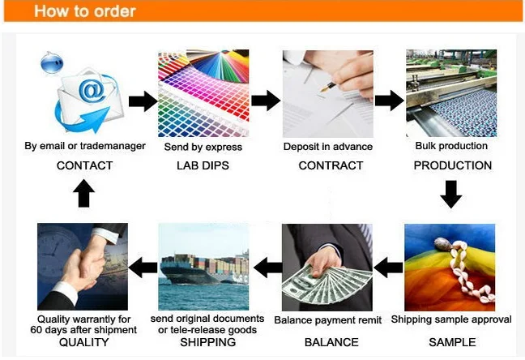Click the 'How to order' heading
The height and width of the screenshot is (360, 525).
click(x=85, y=11)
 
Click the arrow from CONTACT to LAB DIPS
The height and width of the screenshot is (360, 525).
click(x=143, y=101)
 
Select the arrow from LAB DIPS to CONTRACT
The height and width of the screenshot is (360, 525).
click(x=266, y=101)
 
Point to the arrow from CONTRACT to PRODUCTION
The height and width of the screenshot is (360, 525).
click(x=390, y=101)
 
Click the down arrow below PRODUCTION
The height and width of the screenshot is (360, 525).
click(x=451, y=194)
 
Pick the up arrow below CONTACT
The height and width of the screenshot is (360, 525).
click(x=83, y=194)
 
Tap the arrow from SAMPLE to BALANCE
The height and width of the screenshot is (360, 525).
click(x=388, y=268)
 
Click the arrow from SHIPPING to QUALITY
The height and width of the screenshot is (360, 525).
click(x=143, y=268)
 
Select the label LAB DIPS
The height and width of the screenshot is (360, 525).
click(x=203, y=165)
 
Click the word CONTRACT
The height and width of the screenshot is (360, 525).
click(x=331, y=165)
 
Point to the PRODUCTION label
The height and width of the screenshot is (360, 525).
click(x=453, y=165)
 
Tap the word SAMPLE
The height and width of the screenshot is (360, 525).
click(x=452, y=342)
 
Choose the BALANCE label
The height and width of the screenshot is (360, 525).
click(x=331, y=342)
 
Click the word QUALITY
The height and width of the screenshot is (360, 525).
click(x=83, y=342)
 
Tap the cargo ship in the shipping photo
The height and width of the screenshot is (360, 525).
click(x=204, y=269)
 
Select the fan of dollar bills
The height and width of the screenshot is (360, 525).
click(x=327, y=285)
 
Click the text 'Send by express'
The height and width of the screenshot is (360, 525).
click(x=203, y=147)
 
